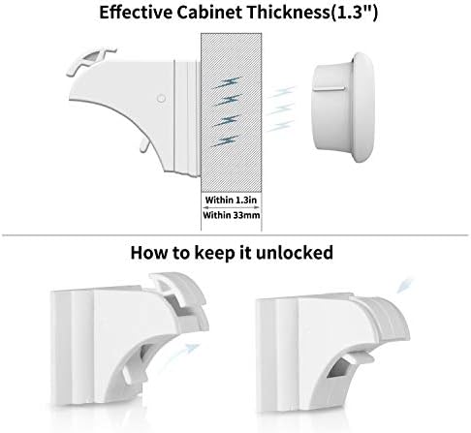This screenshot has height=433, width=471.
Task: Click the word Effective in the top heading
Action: [x=136, y=13]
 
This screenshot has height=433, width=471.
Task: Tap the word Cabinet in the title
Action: [x=209, y=13]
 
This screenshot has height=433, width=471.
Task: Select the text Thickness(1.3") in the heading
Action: [x=312, y=13]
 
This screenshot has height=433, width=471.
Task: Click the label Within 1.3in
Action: [x=231, y=200]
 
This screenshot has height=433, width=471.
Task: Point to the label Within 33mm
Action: [x=232, y=215]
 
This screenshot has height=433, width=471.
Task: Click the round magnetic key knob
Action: [x=342, y=107]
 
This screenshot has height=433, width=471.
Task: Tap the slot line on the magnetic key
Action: [x=329, y=88]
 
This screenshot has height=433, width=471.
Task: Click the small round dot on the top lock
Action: [x=161, y=98]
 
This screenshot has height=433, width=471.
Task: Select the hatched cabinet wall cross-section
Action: [x=232, y=112]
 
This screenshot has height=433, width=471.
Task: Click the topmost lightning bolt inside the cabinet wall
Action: [x=226, y=82]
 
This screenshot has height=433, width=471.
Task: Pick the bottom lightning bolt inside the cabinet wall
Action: [x=225, y=141]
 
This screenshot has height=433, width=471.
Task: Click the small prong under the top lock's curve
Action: [x=144, y=144]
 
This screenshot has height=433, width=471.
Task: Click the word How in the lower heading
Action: [x=149, y=253]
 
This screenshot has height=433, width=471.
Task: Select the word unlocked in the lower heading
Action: [x=295, y=253]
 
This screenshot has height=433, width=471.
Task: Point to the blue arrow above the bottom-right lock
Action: [x=405, y=285]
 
